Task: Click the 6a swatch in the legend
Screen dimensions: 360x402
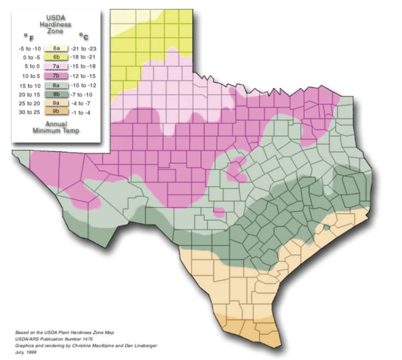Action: tap(56, 49)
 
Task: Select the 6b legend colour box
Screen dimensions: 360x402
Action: tap(56, 57)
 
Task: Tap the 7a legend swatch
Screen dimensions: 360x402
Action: tap(56, 66)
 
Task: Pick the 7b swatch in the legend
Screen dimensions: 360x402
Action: tap(56, 74)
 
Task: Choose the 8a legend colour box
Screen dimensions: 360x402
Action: tap(56, 84)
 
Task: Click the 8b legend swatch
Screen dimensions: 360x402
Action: tap(56, 93)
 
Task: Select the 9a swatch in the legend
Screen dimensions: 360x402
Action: tap(56, 102)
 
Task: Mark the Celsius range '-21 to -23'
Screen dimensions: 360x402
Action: tap(85, 49)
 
